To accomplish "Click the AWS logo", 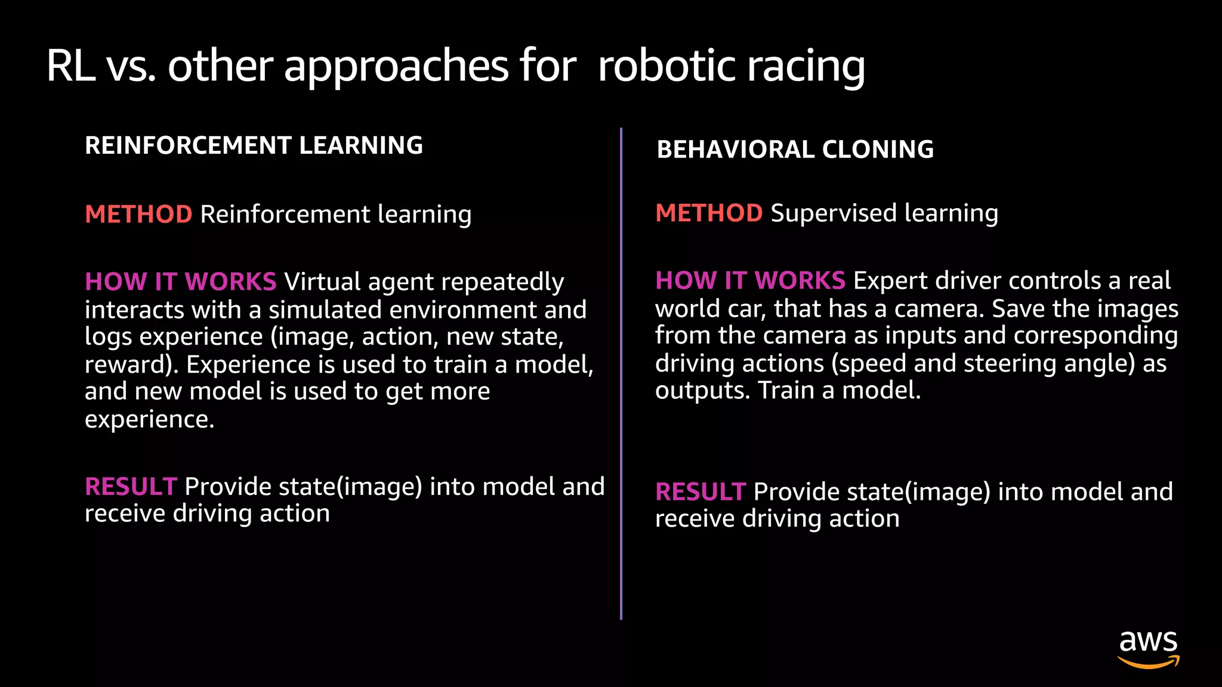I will pyautogui.click(x=1148, y=648).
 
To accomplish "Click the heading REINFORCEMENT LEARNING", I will pyautogui.click(x=254, y=146).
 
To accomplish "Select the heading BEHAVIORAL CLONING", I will pyautogui.click(x=795, y=149).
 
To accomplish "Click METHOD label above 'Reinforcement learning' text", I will pyautogui.click(x=138, y=214).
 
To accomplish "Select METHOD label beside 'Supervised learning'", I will pyautogui.click(x=709, y=213).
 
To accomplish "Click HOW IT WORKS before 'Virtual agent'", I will pyautogui.click(x=180, y=281).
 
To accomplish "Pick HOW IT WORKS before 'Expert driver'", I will pyautogui.click(x=750, y=280).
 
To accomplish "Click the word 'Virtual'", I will pyautogui.click(x=322, y=281).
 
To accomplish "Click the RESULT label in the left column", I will pyautogui.click(x=131, y=487).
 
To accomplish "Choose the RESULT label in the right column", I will pyautogui.click(x=701, y=492).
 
